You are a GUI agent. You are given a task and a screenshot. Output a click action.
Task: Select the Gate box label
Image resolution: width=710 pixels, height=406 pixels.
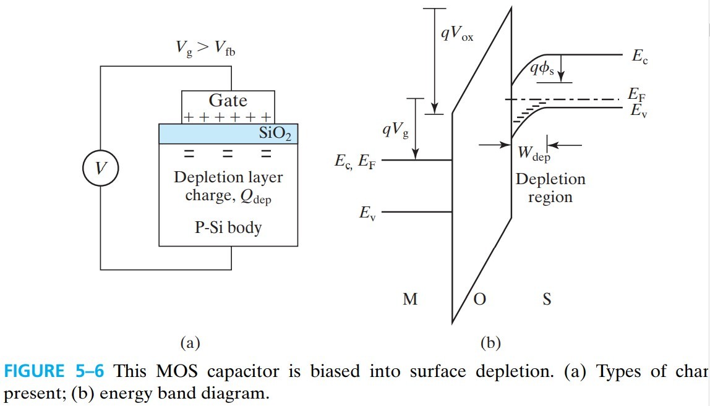pos(228,101)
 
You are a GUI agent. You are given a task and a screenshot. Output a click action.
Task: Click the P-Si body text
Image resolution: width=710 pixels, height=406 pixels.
pos(228,227)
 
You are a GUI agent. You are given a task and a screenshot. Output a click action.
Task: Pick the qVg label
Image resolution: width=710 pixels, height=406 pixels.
pos(395,129)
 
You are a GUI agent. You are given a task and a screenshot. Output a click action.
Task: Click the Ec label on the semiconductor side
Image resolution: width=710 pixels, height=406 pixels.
pos(640,57)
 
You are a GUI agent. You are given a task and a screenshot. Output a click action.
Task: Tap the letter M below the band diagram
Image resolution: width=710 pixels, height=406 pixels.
pos(409,300)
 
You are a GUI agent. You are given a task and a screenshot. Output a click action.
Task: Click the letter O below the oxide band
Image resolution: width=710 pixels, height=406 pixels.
pos(479,300)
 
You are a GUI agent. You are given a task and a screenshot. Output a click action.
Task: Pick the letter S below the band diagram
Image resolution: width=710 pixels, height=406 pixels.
pos(547,300)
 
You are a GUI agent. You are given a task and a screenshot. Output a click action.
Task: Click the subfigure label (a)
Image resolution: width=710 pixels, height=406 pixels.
pos(189,342)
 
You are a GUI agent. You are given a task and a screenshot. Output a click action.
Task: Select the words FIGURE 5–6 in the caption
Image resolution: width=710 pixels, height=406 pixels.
pos(54,372)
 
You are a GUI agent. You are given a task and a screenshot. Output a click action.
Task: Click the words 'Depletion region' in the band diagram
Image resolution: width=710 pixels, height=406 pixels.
pos(550,188)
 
